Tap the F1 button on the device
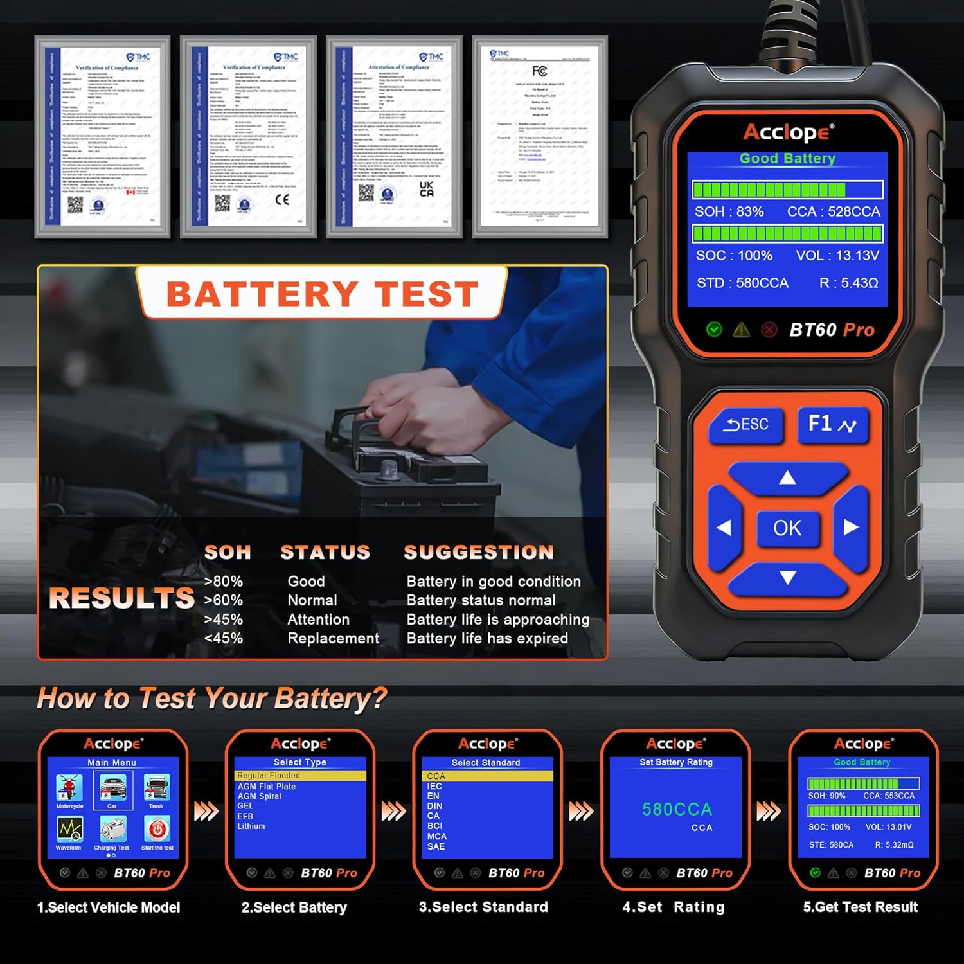[832, 424]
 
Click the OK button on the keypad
[787, 528]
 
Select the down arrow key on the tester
[787, 578]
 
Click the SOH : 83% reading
[729, 212]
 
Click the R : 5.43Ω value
[848, 283]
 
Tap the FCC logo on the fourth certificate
[539, 71]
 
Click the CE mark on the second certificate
[282, 199]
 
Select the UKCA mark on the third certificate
[426, 188]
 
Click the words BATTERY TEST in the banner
[323, 294]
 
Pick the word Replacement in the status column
[333, 639]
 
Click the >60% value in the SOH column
[223, 601]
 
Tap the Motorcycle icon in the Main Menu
[69, 789]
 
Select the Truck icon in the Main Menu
[156, 789]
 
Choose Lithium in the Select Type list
[251, 826]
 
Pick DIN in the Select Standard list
[435, 806]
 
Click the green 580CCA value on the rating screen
[677, 810]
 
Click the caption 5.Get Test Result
[860, 907]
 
